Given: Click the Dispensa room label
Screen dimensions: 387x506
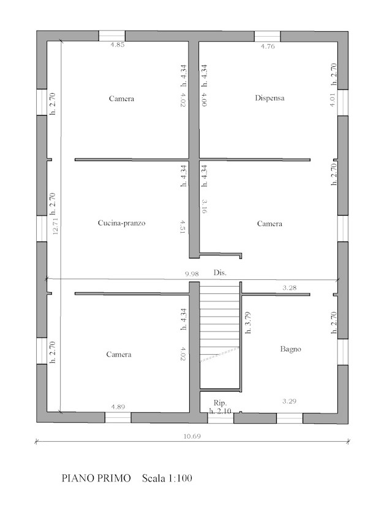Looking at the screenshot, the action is pyautogui.click(x=269, y=98).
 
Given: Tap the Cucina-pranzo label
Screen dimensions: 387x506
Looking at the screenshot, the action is pyautogui.click(x=122, y=222).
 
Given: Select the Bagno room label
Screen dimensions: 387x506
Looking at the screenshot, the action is pyautogui.click(x=290, y=349).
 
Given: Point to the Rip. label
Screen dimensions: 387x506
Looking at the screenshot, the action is pyautogui.click(x=220, y=402).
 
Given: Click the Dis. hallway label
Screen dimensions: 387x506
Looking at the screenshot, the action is pyautogui.click(x=220, y=273).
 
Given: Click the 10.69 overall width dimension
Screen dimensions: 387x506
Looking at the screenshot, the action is pyautogui.click(x=192, y=436).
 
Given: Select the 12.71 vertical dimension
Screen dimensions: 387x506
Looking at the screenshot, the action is pyautogui.click(x=55, y=225).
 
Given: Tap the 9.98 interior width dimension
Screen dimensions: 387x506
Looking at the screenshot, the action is pyautogui.click(x=192, y=274).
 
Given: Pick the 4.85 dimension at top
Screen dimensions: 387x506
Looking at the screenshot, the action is pyautogui.click(x=118, y=45).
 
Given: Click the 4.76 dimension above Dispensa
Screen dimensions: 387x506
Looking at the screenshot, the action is pyautogui.click(x=268, y=46).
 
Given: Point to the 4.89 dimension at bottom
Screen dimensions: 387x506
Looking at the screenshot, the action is pyautogui.click(x=118, y=407).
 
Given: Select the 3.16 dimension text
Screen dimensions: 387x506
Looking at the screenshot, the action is pyautogui.click(x=205, y=206).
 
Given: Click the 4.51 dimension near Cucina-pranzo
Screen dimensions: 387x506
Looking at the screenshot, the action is pyautogui.click(x=182, y=227).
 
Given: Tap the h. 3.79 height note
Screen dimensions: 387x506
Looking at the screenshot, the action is pyautogui.click(x=248, y=322).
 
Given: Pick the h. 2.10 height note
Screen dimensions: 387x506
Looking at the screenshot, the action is pyautogui.click(x=220, y=411).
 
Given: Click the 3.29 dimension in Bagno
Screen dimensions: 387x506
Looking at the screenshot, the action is pyautogui.click(x=289, y=401).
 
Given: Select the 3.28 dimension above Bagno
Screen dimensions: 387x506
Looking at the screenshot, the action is pyautogui.click(x=289, y=287).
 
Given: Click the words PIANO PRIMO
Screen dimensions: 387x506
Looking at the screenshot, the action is pyautogui.click(x=96, y=478).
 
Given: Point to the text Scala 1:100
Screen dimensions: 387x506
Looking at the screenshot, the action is pyautogui.click(x=167, y=478).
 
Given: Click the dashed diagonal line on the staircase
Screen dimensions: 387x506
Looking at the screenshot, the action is pyautogui.click(x=220, y=354).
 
